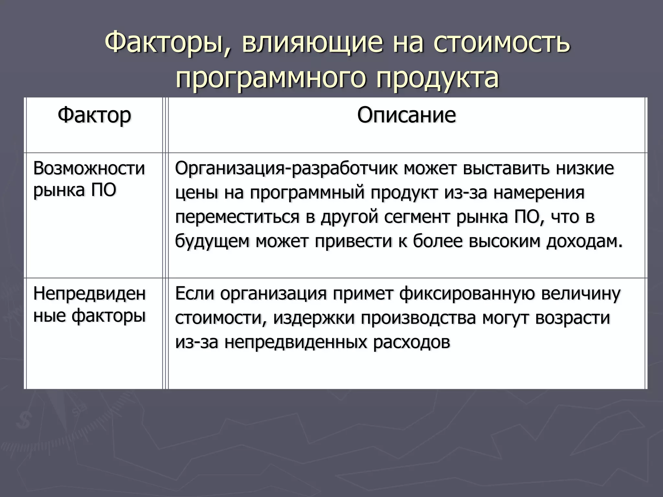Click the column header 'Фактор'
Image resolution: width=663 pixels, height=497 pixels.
pyautogui.click(x=94, y=115)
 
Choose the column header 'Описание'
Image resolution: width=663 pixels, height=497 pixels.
pyautogui.click(x=406, y=115)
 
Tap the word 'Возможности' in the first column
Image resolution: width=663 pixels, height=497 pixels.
pyautogui.click(x=89, y=169)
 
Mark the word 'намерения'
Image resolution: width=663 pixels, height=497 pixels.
pyautogui.click(x=539, y=193)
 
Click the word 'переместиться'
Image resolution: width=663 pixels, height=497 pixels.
pyautogui.click(x=237, y=217)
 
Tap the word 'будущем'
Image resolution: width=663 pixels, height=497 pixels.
pyautogui.click(x=212, y=241)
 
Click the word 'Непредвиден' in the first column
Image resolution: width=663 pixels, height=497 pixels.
pyautogui.click(x=89, y=294)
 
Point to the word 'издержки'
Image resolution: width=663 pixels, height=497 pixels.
pyautogui.click(x=314, y=318)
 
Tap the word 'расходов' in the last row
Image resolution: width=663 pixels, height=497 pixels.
pyautogui.click(x=411, y=342)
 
